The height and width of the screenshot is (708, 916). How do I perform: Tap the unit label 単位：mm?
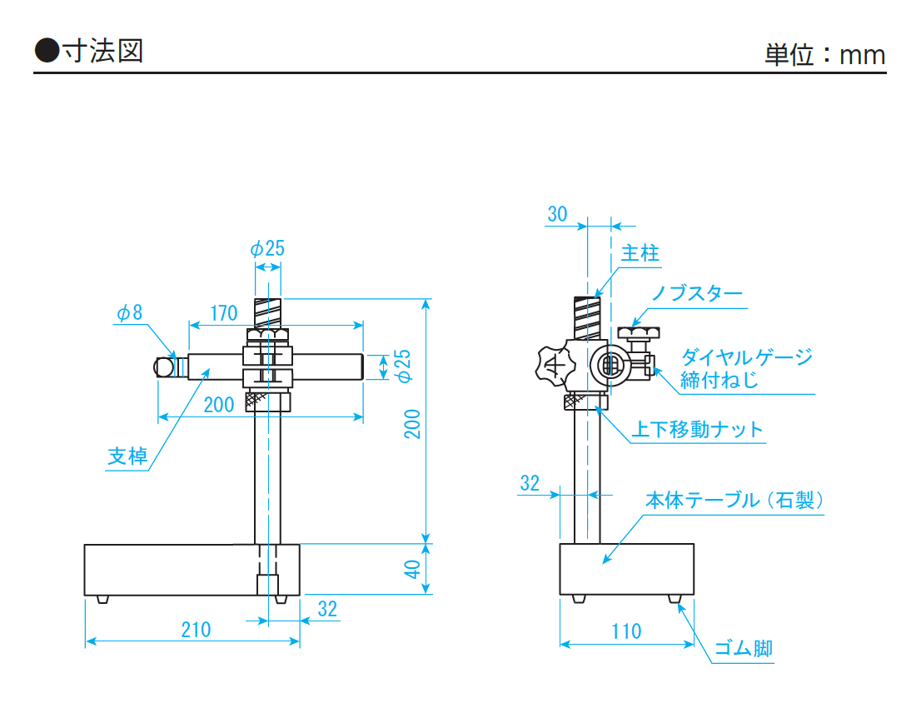coord(824,55)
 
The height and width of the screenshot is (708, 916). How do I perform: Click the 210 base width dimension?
coord(196,630)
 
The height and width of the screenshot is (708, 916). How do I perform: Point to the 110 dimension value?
coord(626,631)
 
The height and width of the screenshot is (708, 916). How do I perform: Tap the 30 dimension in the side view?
coord(557,214)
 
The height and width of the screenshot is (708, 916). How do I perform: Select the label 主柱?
coord(640,253)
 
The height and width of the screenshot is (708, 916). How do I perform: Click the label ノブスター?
coord(696,294)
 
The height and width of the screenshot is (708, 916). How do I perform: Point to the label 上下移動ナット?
coord(698,430)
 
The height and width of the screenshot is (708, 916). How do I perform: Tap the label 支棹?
coord(127,456)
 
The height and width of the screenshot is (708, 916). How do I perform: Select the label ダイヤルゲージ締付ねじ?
coord(746,369)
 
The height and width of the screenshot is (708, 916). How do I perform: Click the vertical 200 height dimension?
coord(412,425)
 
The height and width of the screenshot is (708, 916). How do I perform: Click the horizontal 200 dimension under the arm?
coord(219,405)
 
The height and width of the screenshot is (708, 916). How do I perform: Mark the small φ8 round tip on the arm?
coord(164,366)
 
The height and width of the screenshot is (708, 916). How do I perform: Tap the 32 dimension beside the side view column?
coord(530,483)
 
